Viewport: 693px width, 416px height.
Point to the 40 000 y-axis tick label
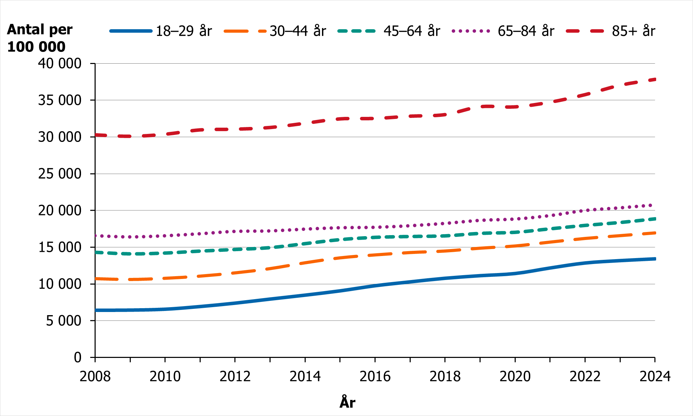pos(59,64)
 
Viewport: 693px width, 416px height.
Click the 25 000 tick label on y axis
pos(59,174)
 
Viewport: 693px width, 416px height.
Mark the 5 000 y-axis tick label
pos(64,321)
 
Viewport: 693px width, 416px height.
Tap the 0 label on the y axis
pos(78,357)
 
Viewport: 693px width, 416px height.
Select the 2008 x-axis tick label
pos(95,376)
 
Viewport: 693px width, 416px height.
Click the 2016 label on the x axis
pos(375,376)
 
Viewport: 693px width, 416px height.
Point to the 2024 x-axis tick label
pos(654,376)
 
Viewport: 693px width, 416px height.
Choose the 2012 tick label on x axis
pos(235,376)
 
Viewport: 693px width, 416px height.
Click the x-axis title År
pos(347,402)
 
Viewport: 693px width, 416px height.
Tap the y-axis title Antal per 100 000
pos(39,38)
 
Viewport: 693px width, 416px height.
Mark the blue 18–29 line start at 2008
pos(96,310)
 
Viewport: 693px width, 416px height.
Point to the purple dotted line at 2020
pos(515,219)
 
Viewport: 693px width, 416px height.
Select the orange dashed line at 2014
pos(305,263)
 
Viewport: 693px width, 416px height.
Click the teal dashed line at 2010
pos(165,253)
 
